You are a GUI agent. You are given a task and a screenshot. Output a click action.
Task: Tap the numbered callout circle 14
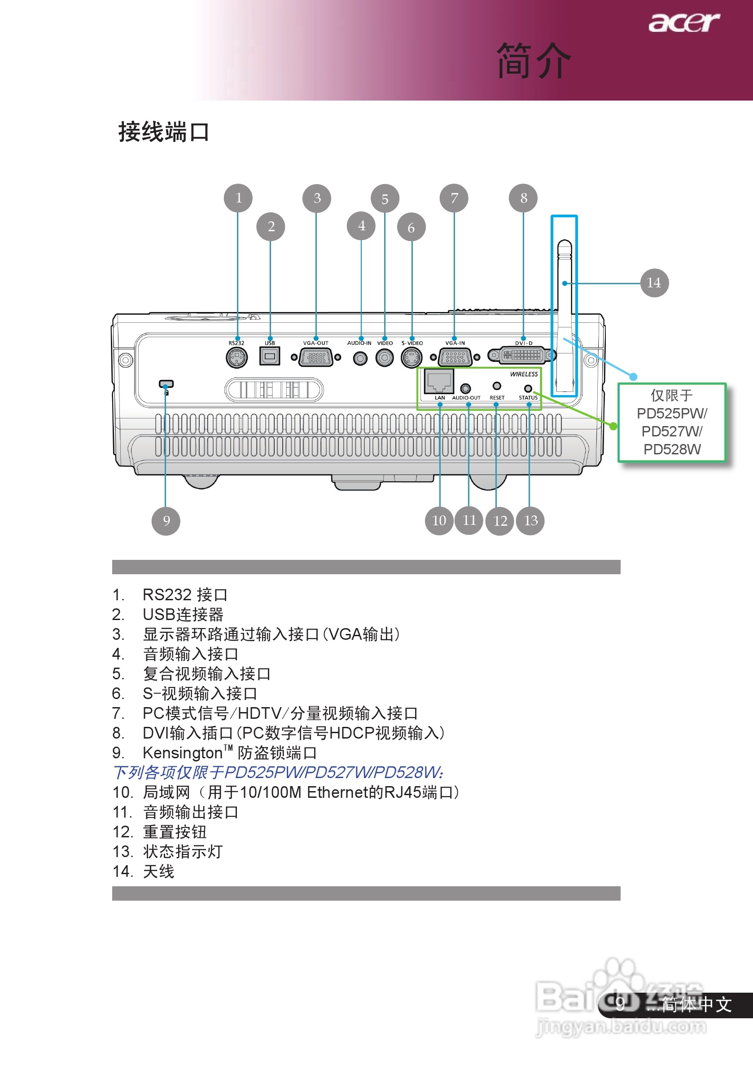coord(654,282)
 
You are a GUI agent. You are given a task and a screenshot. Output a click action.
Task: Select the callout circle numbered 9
coord(166,520)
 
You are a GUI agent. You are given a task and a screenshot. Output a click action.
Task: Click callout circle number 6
coord(411,227)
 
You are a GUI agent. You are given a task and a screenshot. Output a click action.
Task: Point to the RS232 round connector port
coord(236,357)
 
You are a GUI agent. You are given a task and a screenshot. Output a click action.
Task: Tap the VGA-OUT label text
coord(315,343)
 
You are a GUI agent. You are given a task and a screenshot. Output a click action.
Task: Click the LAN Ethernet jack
coord(439,382)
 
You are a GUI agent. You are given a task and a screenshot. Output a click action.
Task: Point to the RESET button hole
coord(497,386)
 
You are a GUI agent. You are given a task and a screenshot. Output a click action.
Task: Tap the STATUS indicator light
coord(528,388)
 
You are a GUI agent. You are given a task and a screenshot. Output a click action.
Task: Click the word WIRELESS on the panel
coord(524,374)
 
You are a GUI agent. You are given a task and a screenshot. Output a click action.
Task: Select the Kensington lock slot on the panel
coord(166,384)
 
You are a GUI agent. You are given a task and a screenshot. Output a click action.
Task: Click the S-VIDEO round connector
coord(412,357)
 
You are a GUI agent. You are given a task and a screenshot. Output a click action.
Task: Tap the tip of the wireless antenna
coord(564,244)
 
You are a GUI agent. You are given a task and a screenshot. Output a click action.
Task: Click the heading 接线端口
coord(163,132)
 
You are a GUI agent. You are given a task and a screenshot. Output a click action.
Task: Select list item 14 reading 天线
coord(158,871)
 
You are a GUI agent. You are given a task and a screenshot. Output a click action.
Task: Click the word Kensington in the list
coord(183,753)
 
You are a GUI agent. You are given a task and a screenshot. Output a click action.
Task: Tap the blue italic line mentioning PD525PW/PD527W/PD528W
coord(278,772)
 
